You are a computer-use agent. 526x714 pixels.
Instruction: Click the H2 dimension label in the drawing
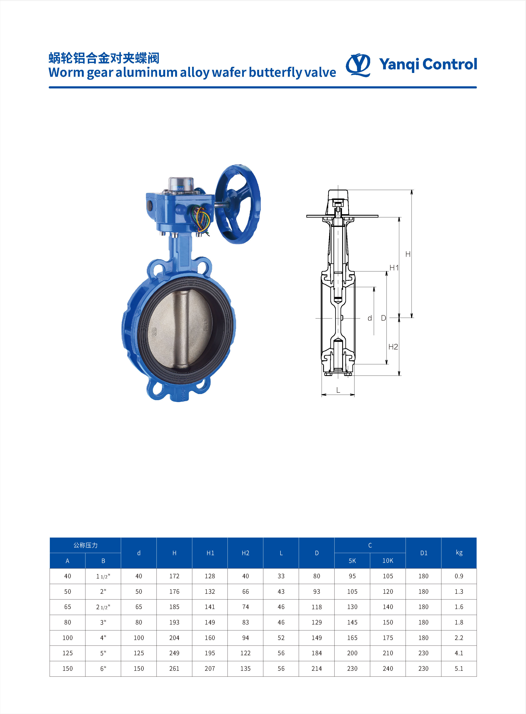[x=393, y=347]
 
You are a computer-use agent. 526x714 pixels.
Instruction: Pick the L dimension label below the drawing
[x=338, y=390]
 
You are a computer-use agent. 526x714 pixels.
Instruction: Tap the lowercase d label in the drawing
[x=370, y=318]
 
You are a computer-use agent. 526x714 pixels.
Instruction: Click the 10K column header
[x=388, y=560]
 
